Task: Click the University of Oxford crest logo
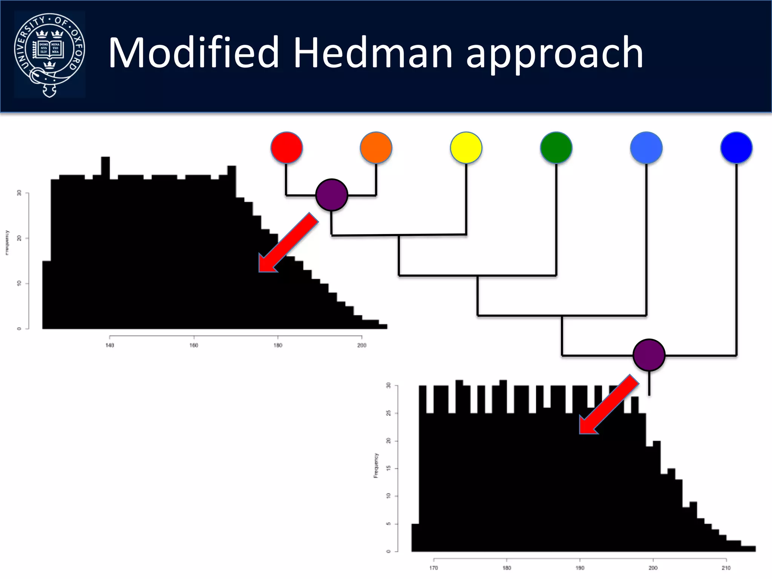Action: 49,55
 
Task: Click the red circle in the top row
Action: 286,147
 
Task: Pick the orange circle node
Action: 376,147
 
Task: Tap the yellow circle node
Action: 466,147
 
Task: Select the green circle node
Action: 556,147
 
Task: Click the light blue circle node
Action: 646,147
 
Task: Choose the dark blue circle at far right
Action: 736,147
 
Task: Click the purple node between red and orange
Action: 331,195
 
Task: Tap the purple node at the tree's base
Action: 649,355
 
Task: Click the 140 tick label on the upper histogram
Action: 110,345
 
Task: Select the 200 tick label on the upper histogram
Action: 361,345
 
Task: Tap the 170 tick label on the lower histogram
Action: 433,568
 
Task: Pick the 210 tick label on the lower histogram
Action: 726,568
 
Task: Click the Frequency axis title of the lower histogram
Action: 376,466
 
